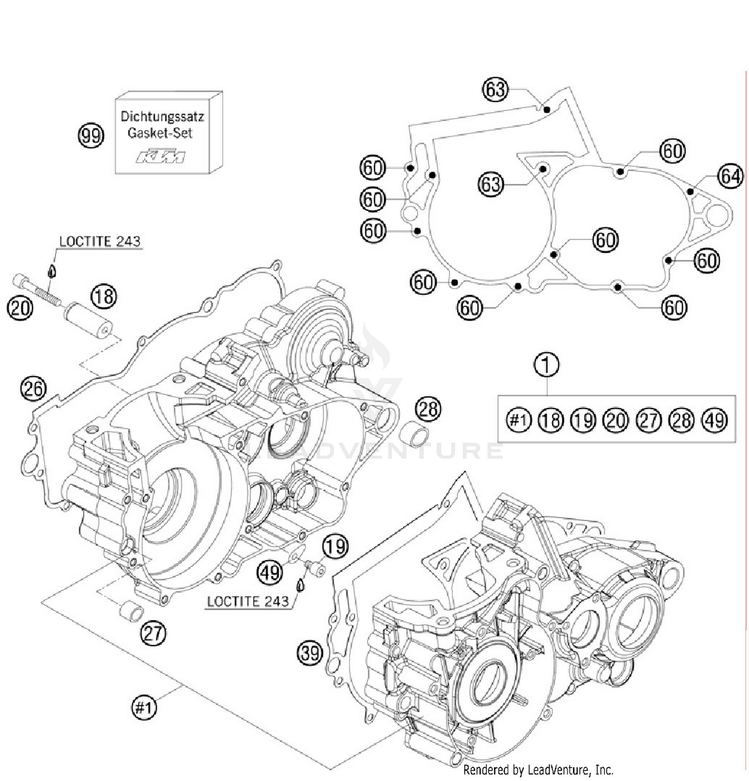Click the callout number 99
pos(91,136)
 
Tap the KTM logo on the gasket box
pos(161,157)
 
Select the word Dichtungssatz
pos(162,117)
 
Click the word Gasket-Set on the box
pos(160,133)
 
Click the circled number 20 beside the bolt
pos(20,308)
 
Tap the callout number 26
pos(33,389)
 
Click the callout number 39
pos(310,653)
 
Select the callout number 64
pos(730,176)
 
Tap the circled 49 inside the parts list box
pos(714,420)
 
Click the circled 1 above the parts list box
pos(547,365)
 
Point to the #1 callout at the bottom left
pos(144,708)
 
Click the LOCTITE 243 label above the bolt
pos(99,242)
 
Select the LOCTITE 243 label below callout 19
pos(248,601)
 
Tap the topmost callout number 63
pos(495,90)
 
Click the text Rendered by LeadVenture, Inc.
pos(538,770)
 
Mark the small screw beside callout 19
pos(315,568)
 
